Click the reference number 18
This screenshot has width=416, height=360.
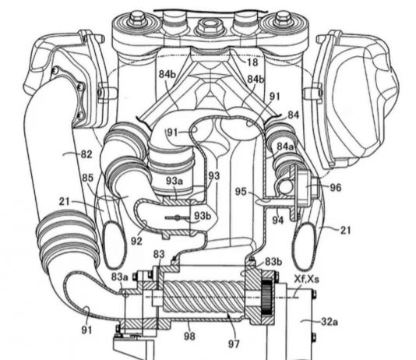(252, 62)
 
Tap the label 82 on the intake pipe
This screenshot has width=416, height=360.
(86, 154)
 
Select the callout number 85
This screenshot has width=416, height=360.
(87, 178)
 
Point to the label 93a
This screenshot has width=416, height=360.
(175, 181)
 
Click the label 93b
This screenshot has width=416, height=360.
(203, 216)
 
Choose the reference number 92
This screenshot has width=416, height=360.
(136, 241)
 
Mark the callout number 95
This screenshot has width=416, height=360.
(241, 192)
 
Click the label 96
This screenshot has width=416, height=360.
(335, 188)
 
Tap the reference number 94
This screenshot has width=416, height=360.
(277, 220)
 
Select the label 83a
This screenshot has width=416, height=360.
(120, 277)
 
